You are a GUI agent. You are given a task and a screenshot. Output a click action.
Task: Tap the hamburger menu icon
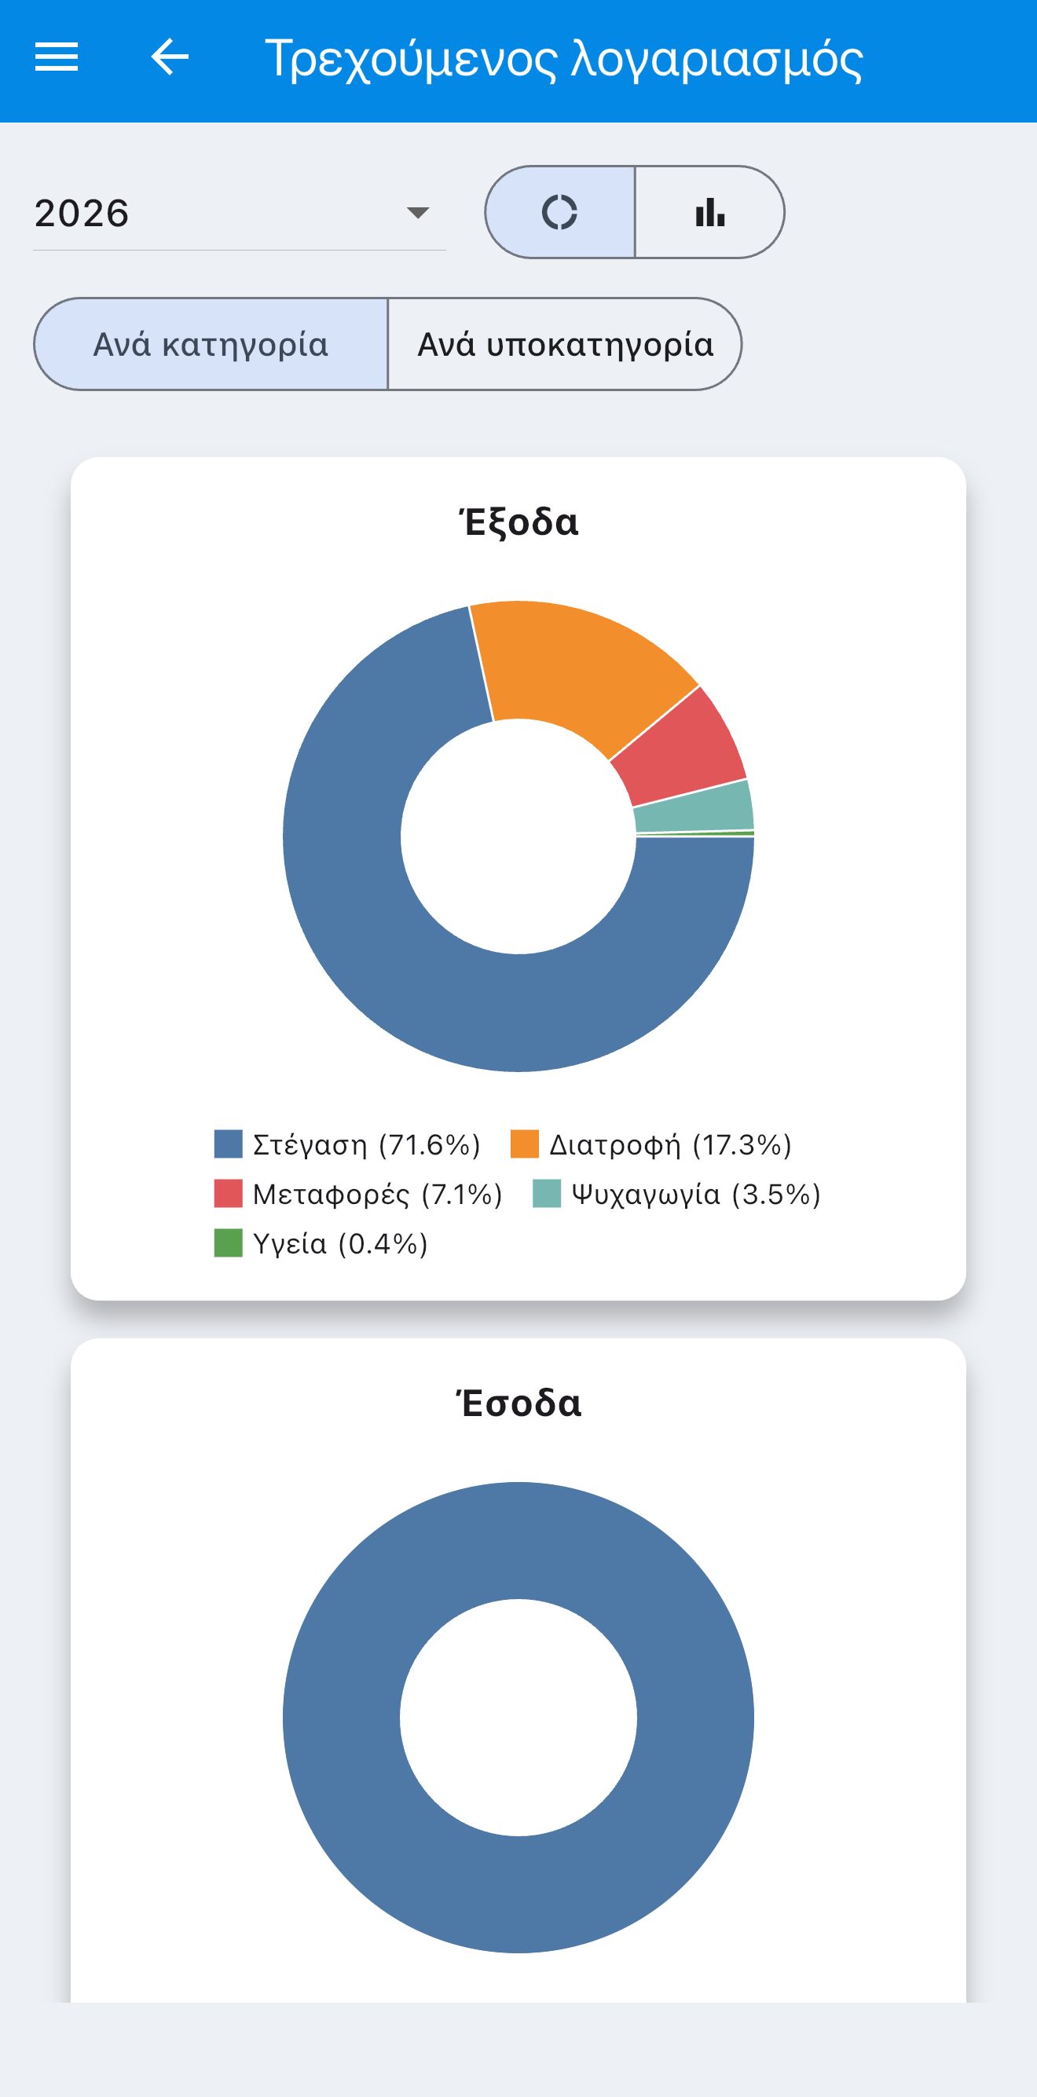(x=56, y=57)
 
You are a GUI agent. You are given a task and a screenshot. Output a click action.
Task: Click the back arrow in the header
(x=170, y=57)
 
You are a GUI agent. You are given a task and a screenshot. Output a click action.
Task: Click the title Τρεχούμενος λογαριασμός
(x=563, y=60)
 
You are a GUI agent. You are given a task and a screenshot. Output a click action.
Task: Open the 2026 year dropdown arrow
(x=418, y=213)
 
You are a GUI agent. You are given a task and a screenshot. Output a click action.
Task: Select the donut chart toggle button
(x=560, y=213)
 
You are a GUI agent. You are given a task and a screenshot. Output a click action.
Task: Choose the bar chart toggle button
(x=709, y=213)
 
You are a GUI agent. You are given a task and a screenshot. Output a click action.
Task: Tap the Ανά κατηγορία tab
(x=211, y=343)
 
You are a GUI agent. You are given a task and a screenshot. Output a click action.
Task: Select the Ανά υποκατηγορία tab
(x=565, y=343)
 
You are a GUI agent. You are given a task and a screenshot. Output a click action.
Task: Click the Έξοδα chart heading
(x=518, y=522)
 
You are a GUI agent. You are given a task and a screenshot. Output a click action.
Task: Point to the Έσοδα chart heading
(x=518, y=1403)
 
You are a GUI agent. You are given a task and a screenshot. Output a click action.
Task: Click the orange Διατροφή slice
(x=577, y=668)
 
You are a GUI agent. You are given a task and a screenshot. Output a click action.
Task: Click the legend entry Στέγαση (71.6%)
(x=347, y=1144)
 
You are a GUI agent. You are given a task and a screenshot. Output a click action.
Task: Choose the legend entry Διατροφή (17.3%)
(x=651, y=1144)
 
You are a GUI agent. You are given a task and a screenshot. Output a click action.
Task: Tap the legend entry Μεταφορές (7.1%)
(x=358, y=1195)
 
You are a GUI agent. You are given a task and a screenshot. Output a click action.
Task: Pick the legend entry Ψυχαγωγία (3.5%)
(x=676, y=1195)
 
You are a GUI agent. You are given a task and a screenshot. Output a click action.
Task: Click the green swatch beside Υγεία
(x=228, y=1243)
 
